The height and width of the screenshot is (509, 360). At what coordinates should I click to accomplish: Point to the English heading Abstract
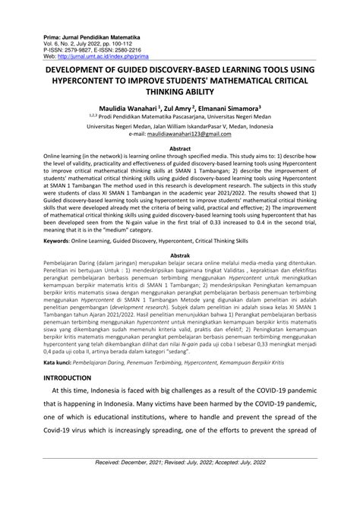pos(180,150)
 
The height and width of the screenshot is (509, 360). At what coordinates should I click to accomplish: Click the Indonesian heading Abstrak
pos(180,256)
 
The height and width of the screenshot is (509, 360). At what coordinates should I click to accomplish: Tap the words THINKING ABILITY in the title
pos(180,90)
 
